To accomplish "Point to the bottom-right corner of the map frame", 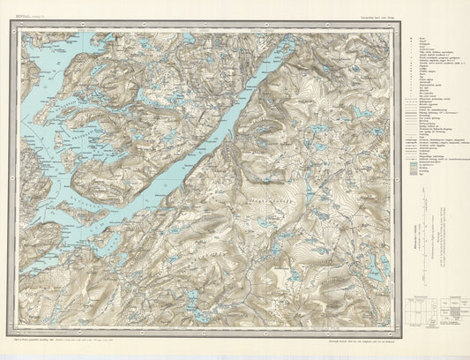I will coord(394,333).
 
